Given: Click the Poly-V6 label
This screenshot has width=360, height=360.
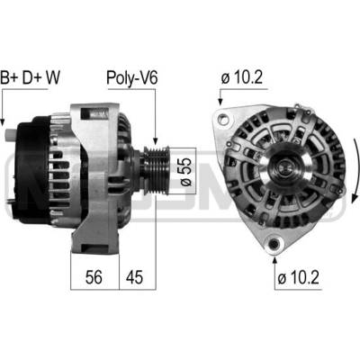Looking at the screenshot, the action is click(x=132, y=78).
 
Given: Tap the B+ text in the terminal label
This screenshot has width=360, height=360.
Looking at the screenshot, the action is click(x=9, y=77).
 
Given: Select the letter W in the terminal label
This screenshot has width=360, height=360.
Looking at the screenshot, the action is click(x=52, y=77).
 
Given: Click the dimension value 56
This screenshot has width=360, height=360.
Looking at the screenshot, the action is click(x=94, y=277).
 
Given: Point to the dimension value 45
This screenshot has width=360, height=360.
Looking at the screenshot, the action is click(x=134, y=277).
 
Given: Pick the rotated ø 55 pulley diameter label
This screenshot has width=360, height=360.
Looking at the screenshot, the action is click(x=185, y=171).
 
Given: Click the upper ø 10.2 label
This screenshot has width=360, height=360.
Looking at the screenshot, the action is click(x=242, y=77).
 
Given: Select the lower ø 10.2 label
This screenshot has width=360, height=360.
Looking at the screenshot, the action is click(x=298, y=277).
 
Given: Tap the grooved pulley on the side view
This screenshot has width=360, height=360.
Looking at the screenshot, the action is click(x=156, y=170).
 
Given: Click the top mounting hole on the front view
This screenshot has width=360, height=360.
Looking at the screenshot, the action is click(x=222, y=119).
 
